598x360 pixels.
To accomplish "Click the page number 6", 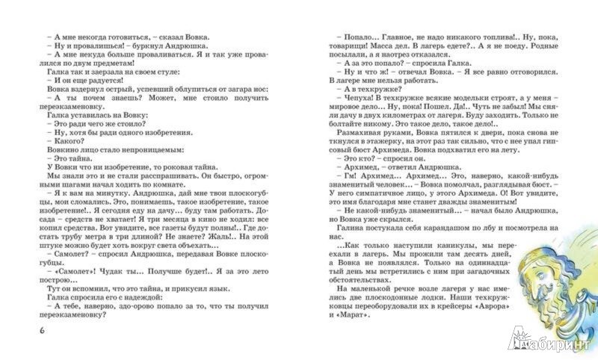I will point(30,331).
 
